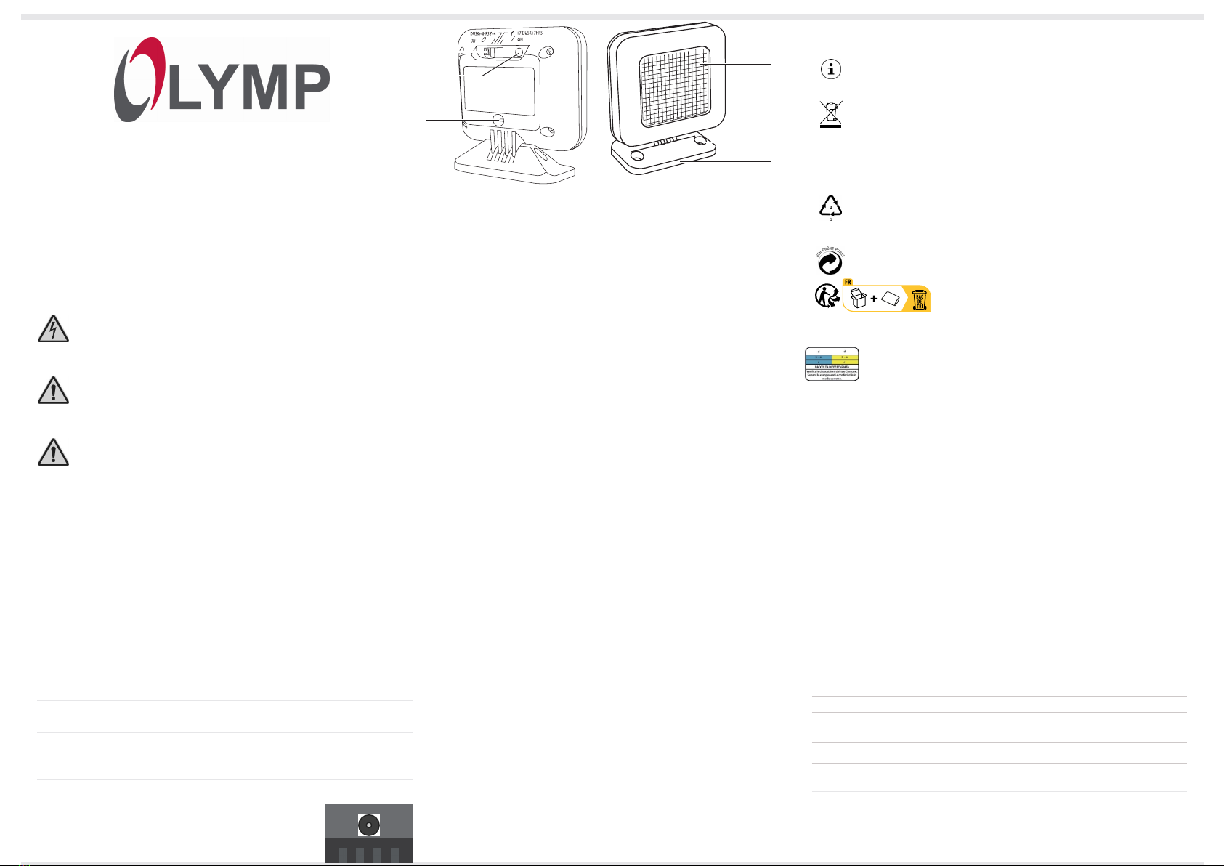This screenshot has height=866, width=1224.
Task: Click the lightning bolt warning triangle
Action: (53, 330)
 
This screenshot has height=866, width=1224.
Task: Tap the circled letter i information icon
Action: (831, 69)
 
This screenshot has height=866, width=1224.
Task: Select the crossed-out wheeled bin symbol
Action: (831, 114)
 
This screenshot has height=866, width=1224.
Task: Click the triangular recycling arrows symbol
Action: (830, 208)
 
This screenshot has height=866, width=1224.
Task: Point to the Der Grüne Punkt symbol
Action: (830, 261)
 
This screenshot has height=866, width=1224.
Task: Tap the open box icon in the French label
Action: (859, 298)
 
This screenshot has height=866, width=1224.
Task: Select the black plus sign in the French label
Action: (874, 299)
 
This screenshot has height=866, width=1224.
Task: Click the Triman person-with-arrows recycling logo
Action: (827, 296)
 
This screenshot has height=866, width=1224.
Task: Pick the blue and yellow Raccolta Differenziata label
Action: (832, 364)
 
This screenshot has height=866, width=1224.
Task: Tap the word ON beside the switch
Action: (520, 41)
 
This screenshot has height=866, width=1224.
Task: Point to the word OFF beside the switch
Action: (473, 41)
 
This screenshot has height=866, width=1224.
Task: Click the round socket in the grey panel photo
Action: (369, 824)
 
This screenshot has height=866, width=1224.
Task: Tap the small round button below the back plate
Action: (498, 121)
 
